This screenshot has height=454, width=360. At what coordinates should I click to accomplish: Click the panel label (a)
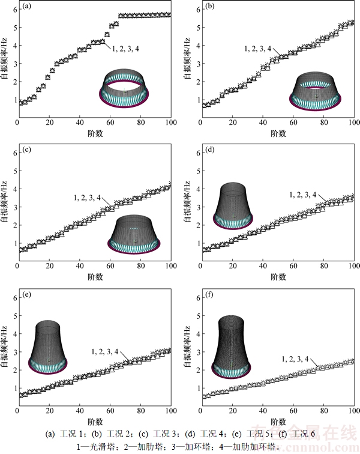[26, 7]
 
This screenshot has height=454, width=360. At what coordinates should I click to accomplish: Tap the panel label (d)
[211, 150]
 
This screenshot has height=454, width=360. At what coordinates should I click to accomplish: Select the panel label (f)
[210, 295]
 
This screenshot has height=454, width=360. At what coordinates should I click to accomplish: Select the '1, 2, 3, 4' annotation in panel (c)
[91, 196]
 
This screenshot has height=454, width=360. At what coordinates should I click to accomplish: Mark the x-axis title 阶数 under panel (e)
[93, 421]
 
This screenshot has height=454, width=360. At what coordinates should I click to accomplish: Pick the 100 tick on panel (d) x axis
[354, 270]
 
